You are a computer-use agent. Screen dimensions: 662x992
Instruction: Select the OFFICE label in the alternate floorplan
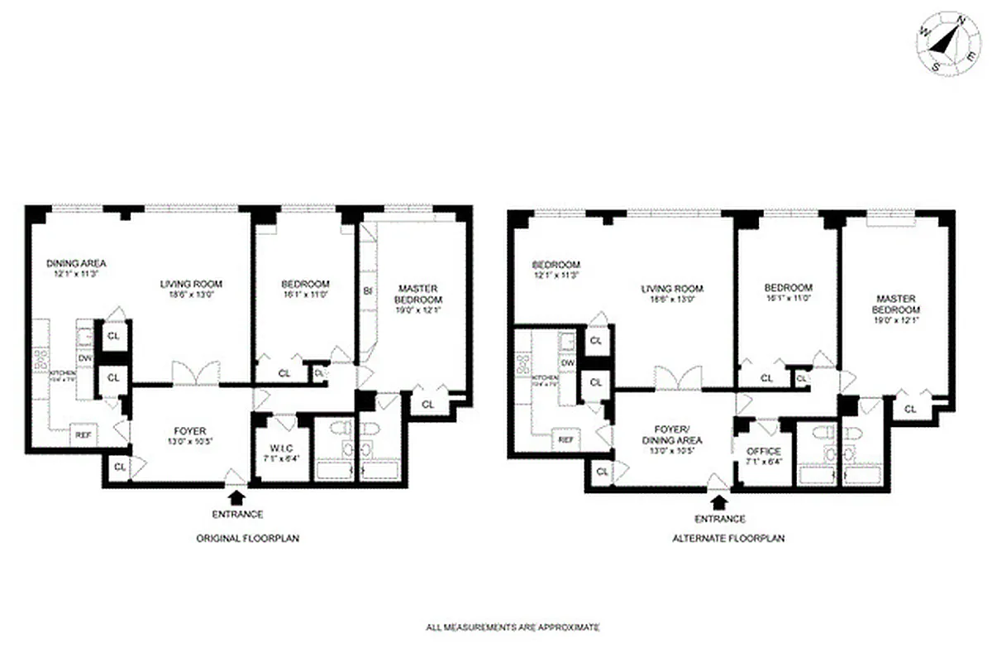(763, 452)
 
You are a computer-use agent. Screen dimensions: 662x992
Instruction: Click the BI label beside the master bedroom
(366, 291)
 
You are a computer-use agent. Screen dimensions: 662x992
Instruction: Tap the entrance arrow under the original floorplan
(236, 496)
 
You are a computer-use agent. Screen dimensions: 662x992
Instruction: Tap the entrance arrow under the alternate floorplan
(718, 501)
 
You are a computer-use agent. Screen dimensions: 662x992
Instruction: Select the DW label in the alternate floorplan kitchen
(567, 362)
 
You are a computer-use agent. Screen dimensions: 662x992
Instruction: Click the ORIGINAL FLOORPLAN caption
(247, 538)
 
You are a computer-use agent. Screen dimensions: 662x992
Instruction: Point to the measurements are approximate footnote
(512, 628)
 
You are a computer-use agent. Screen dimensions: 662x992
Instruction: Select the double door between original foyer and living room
(196, 374)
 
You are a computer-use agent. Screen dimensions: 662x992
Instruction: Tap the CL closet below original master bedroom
(428, 405)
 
